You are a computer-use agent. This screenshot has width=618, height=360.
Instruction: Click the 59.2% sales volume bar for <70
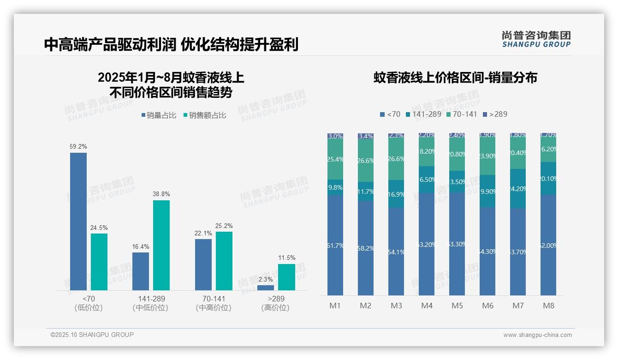point(78,222)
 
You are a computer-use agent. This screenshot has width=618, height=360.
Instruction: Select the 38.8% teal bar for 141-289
point(161,245)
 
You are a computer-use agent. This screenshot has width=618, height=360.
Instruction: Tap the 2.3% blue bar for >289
point(266,288)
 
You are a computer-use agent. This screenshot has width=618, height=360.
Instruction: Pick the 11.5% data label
point(286,258)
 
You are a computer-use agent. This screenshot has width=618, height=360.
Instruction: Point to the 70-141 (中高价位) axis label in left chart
point(214,303)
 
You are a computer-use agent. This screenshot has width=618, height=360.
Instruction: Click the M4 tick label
point(427,306)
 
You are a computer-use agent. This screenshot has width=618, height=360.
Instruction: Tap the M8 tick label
point(548,306)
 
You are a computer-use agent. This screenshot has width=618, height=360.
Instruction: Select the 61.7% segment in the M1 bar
point(335,246)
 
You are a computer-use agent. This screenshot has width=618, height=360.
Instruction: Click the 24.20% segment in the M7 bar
point(518,188)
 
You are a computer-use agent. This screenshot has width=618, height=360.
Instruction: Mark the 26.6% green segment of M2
point(366,161)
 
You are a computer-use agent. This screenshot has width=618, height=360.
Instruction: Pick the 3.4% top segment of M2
point(366,137)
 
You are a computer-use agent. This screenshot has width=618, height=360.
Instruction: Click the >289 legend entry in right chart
point(494,114)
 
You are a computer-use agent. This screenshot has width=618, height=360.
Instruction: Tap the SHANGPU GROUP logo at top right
point(536,39)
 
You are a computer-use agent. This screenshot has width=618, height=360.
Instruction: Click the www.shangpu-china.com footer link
point(537,335)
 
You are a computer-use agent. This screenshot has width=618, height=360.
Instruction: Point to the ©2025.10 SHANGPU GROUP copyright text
point(92,335)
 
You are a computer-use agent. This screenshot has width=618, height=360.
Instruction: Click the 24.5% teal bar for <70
point(99,262)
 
